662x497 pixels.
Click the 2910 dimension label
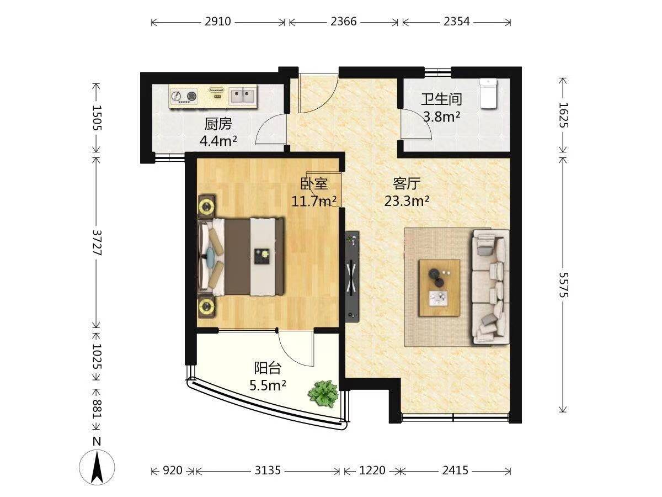coord(218,22)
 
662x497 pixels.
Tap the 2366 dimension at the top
coord(344,22)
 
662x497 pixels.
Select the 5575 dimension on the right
coord(563,285)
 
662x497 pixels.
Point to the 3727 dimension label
coord(97,242)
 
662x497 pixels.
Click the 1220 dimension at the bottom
coord(372,470)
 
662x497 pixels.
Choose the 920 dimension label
coord(173,470)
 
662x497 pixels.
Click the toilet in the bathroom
coord(488,93)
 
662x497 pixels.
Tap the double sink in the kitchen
coord(243,96)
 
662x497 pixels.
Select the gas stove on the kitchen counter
coord(184,96)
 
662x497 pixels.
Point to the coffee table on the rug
coord(440,288)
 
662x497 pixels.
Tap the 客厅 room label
coord(407,183)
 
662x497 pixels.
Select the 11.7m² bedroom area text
coord(314,201)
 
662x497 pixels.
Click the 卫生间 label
coord(441,99)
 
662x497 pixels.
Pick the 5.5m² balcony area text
coord(268,385)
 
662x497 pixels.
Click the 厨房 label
coord(218,124)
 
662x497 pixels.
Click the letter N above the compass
coord(97,442)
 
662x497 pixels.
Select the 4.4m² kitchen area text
coord(218,141)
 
